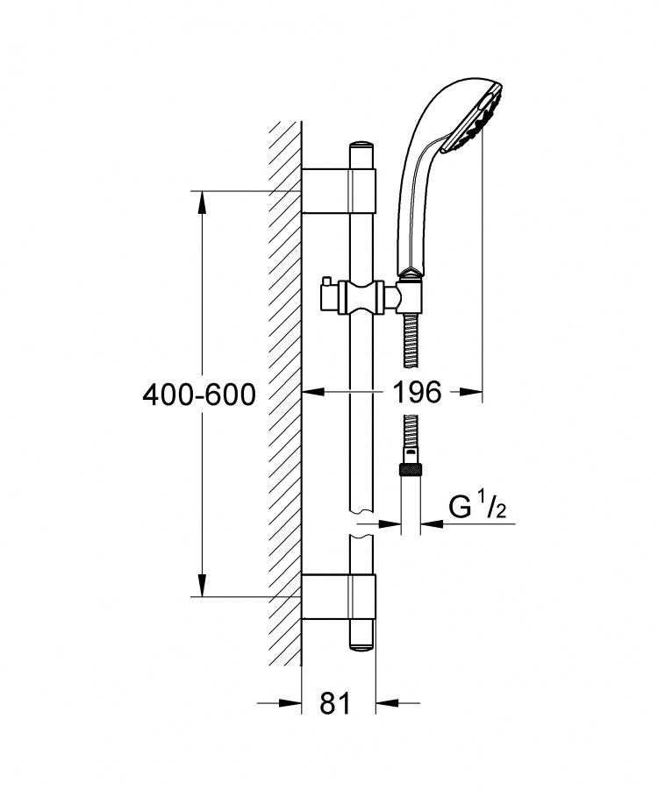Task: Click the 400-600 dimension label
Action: (x=199, y=395)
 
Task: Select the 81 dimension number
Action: (x=335, y=703)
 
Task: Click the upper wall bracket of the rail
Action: (x=339, y=190)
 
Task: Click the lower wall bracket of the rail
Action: (x=339, y=596)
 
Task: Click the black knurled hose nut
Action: (x=411, y=471)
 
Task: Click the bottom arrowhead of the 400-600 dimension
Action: (x=202, y=585)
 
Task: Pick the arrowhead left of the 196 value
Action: (x=313, y=391)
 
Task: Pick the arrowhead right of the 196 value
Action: (x=470, y=391)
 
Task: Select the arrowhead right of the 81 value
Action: (x=388, y=702)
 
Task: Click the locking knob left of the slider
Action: (x=326, y=297)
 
